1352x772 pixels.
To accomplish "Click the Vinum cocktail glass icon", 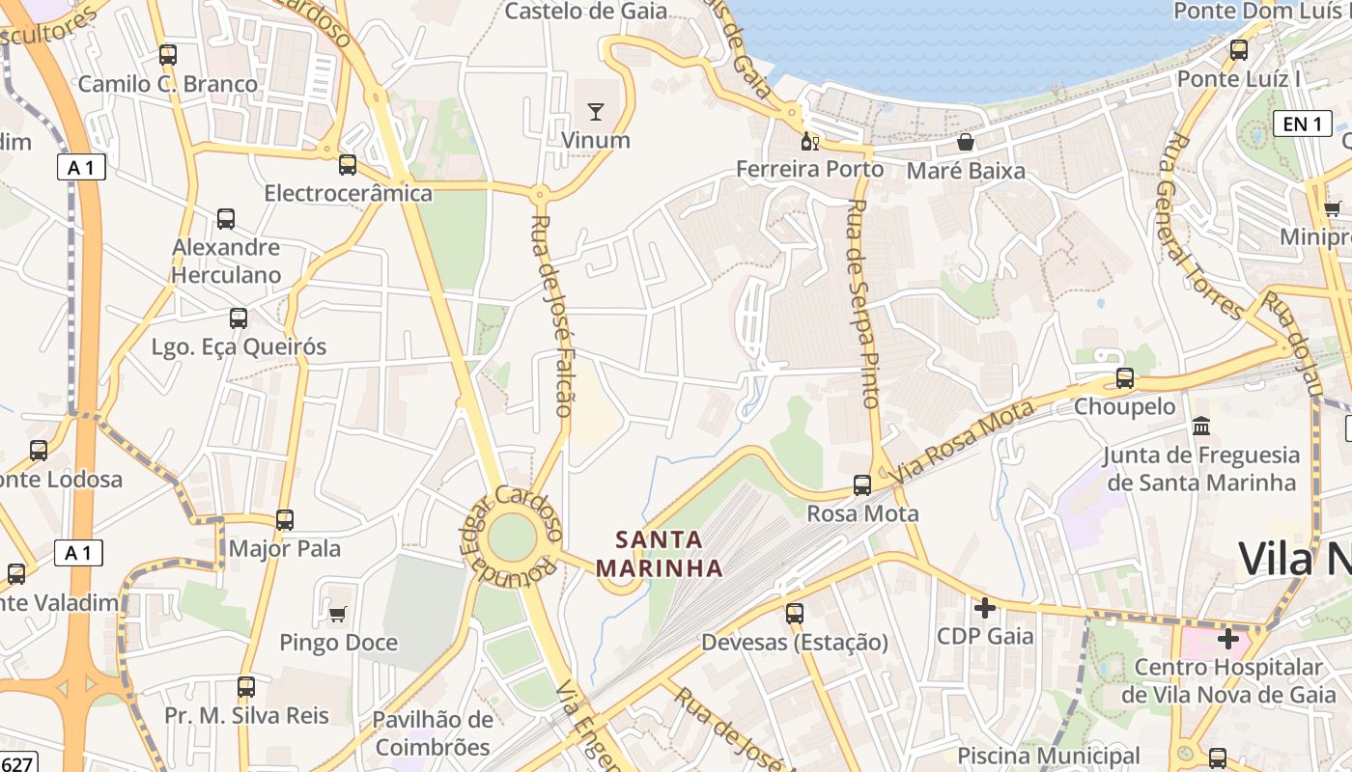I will [x=596, y=112].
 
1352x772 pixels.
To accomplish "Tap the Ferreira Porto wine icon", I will [x=810, y=142].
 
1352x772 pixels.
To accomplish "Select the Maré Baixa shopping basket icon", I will [x=965, y=143].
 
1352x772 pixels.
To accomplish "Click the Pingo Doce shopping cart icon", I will [x=338, y=614].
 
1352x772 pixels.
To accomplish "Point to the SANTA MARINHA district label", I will [x=660, y=553].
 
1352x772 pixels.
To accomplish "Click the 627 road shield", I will [x=17, y=763].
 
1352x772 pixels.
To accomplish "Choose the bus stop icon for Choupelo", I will [x=1125, y=378].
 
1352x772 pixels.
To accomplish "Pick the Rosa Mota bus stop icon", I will [x=862, y=485].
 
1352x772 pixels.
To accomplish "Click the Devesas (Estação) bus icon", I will [x=794, y=613].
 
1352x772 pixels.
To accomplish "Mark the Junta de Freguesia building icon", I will [x=1201, y=426].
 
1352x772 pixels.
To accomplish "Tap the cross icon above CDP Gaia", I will [x=985, y=608].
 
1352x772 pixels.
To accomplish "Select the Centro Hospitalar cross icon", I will [x=1227, y=639].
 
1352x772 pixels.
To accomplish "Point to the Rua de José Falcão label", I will [x=552, y=316].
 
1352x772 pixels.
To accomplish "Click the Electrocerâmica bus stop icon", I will [x=348, y=165].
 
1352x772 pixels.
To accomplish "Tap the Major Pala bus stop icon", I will [x=285, y=520].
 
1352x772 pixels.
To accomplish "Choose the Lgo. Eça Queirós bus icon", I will [x=239, y=318].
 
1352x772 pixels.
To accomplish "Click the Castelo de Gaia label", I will [x=586, y=12].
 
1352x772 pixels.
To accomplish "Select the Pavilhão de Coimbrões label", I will [x=433, y=733].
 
